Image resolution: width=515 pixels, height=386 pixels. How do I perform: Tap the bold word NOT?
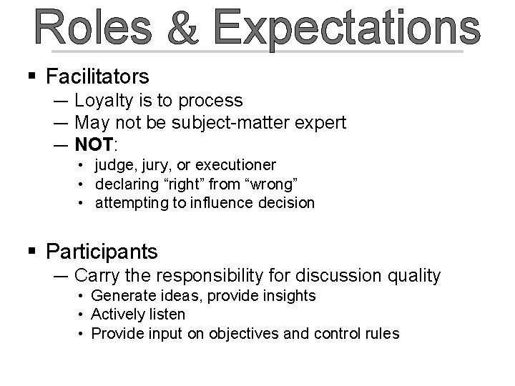click(93, 144)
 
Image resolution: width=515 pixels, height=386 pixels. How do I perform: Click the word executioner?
click(239, 166)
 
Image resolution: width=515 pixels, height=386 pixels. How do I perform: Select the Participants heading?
click(101, 252)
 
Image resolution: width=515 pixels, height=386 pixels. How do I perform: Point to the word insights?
click(289, 296)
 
